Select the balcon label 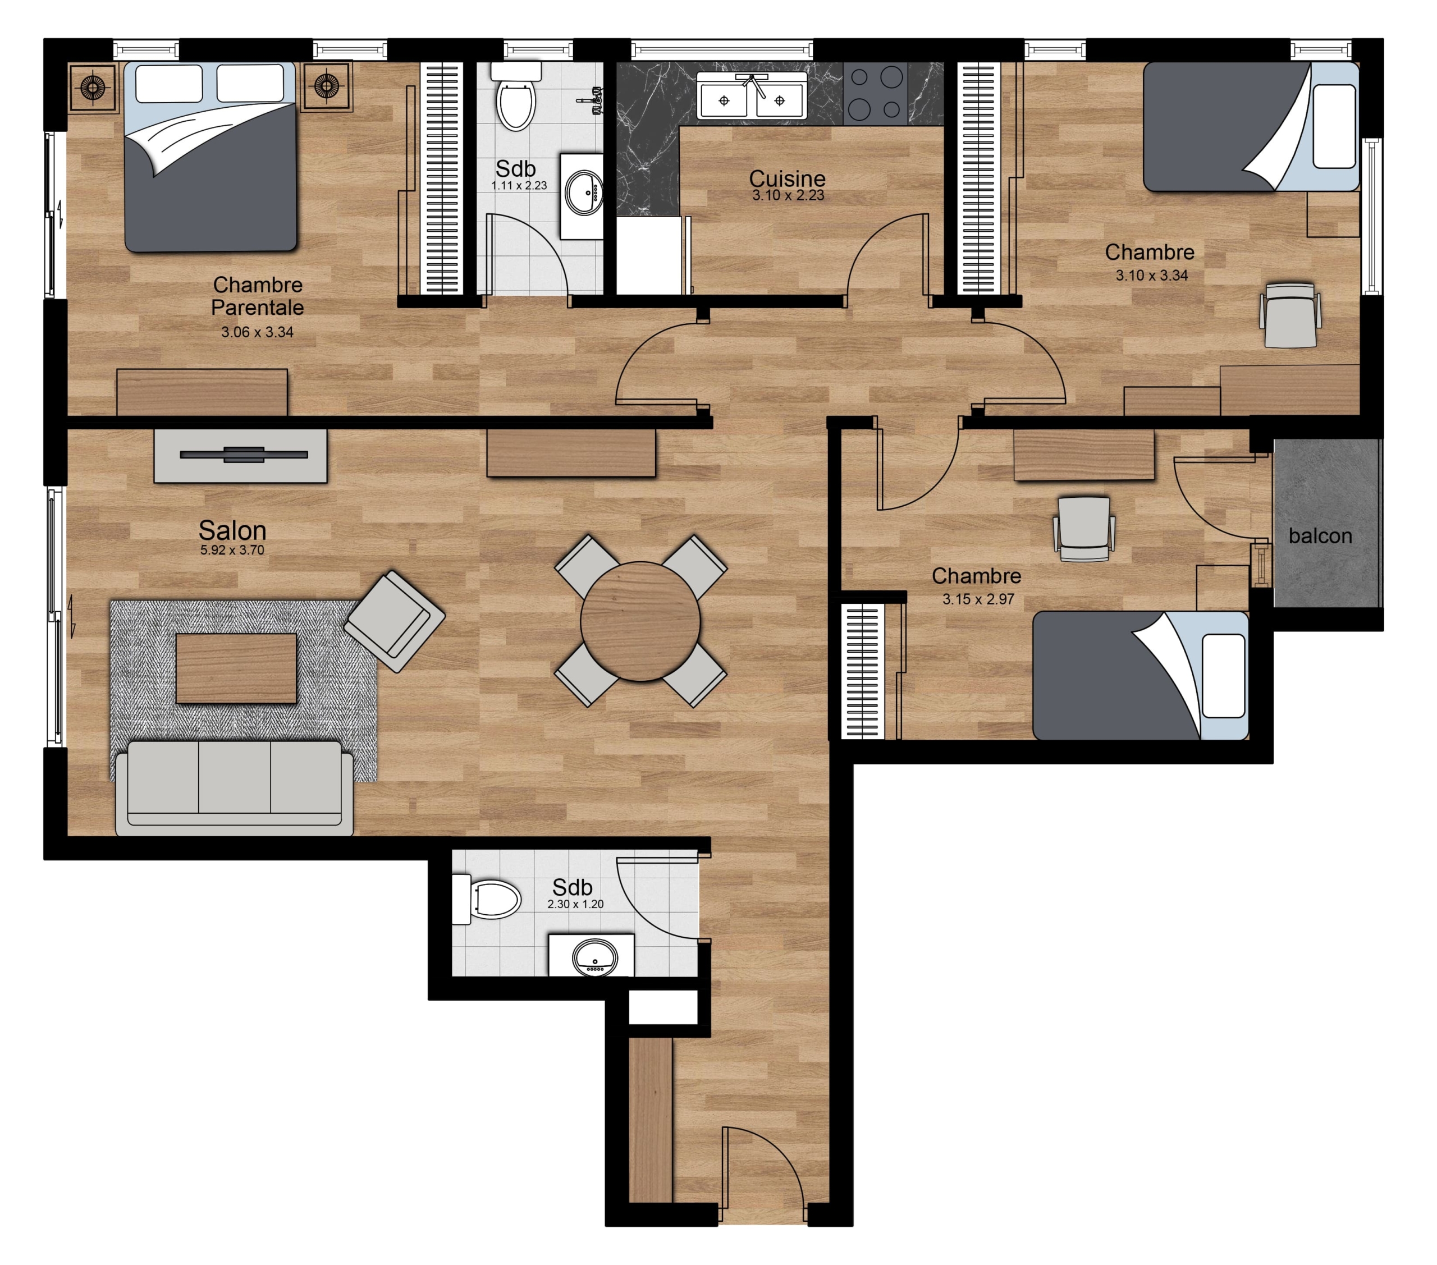1320,536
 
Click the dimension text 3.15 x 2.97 978,599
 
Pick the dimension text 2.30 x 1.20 575,905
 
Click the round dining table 640,621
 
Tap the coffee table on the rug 236,668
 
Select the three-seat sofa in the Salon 234,789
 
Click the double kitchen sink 752,97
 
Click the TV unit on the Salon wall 240,455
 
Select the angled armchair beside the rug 395,621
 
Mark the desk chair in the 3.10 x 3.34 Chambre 1290,315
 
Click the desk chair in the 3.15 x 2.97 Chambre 1083,529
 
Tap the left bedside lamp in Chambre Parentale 93,87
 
